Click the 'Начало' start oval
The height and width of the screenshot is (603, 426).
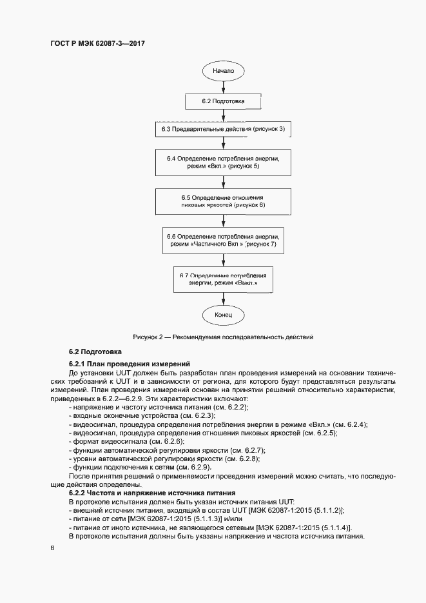point(223,70)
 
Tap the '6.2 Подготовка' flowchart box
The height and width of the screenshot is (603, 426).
point(223,101)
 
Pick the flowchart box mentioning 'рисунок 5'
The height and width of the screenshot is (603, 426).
point(223,163)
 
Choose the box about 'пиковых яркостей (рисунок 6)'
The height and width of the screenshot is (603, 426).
point(223,201)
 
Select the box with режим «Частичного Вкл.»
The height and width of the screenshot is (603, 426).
point(223,241)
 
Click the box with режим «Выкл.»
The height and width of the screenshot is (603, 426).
point(223,279)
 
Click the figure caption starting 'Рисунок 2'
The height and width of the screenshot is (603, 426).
point(223,337)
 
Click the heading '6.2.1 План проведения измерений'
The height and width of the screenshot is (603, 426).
point(128,364)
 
